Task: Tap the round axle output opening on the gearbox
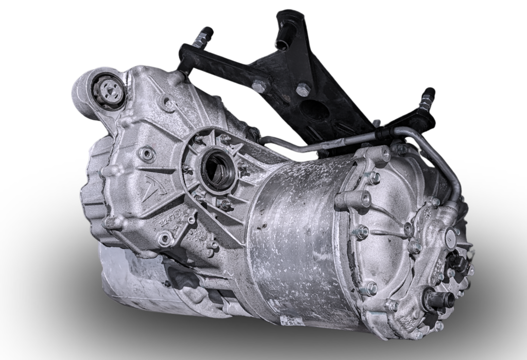point(218,169)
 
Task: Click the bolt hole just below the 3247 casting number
point(165,238)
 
